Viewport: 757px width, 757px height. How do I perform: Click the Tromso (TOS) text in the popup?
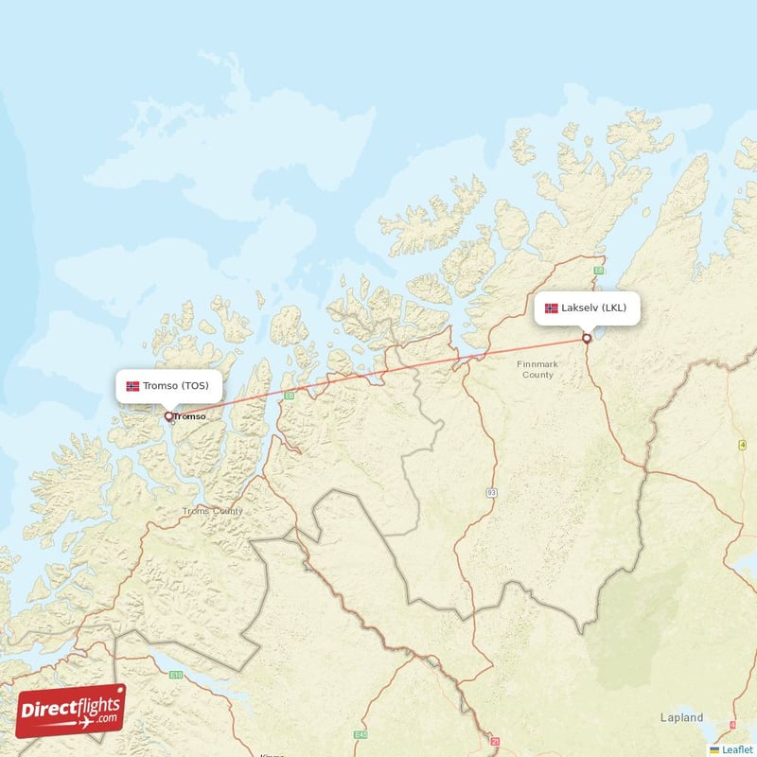[x=176, y=385]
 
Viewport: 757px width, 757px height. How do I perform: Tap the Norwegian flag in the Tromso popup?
[x=132, y=386]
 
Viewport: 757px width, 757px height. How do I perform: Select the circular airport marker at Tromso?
[x=168, y=415]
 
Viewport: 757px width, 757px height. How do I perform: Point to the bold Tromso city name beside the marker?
[x=190, y=416]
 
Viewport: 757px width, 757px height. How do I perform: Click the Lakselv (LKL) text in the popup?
[x=593, y=308]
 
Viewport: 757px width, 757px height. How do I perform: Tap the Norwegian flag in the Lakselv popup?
[x=552, y=308]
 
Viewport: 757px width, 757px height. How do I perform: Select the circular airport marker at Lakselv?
[x=587, y=338]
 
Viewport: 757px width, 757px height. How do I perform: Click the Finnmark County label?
[x=537, y=369]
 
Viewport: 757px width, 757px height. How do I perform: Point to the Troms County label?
[x=213, y=511]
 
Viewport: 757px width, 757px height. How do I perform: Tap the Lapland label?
[x=681, y=717]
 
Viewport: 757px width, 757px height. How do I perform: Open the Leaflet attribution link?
[x=737, y=749]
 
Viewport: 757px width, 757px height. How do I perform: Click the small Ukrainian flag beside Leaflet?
[x=714, y=749]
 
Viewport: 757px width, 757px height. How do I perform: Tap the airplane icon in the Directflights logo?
[x=87, y=723]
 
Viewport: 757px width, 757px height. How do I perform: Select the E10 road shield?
[x=177, y=675]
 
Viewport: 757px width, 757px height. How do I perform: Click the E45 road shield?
[x=360, y=735]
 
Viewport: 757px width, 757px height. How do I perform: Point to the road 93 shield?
[x=491, y=493]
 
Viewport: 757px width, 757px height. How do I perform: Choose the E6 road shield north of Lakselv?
[x=598, y=270]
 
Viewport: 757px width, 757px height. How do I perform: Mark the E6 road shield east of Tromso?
[x=290, y=396]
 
